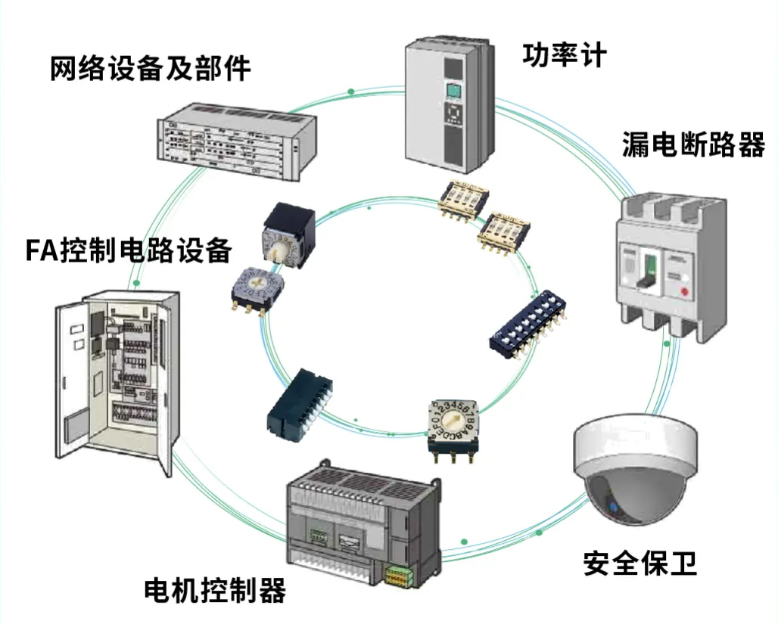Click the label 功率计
pos(564,54)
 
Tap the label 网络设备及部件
pos(150,69)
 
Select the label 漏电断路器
pos(692,144)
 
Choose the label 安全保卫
pos(640,563)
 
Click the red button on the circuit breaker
pos(686,291)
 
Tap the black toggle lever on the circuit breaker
pos(645,270)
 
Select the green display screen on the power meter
pos(453,93)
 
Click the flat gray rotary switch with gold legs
pos(254,287)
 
